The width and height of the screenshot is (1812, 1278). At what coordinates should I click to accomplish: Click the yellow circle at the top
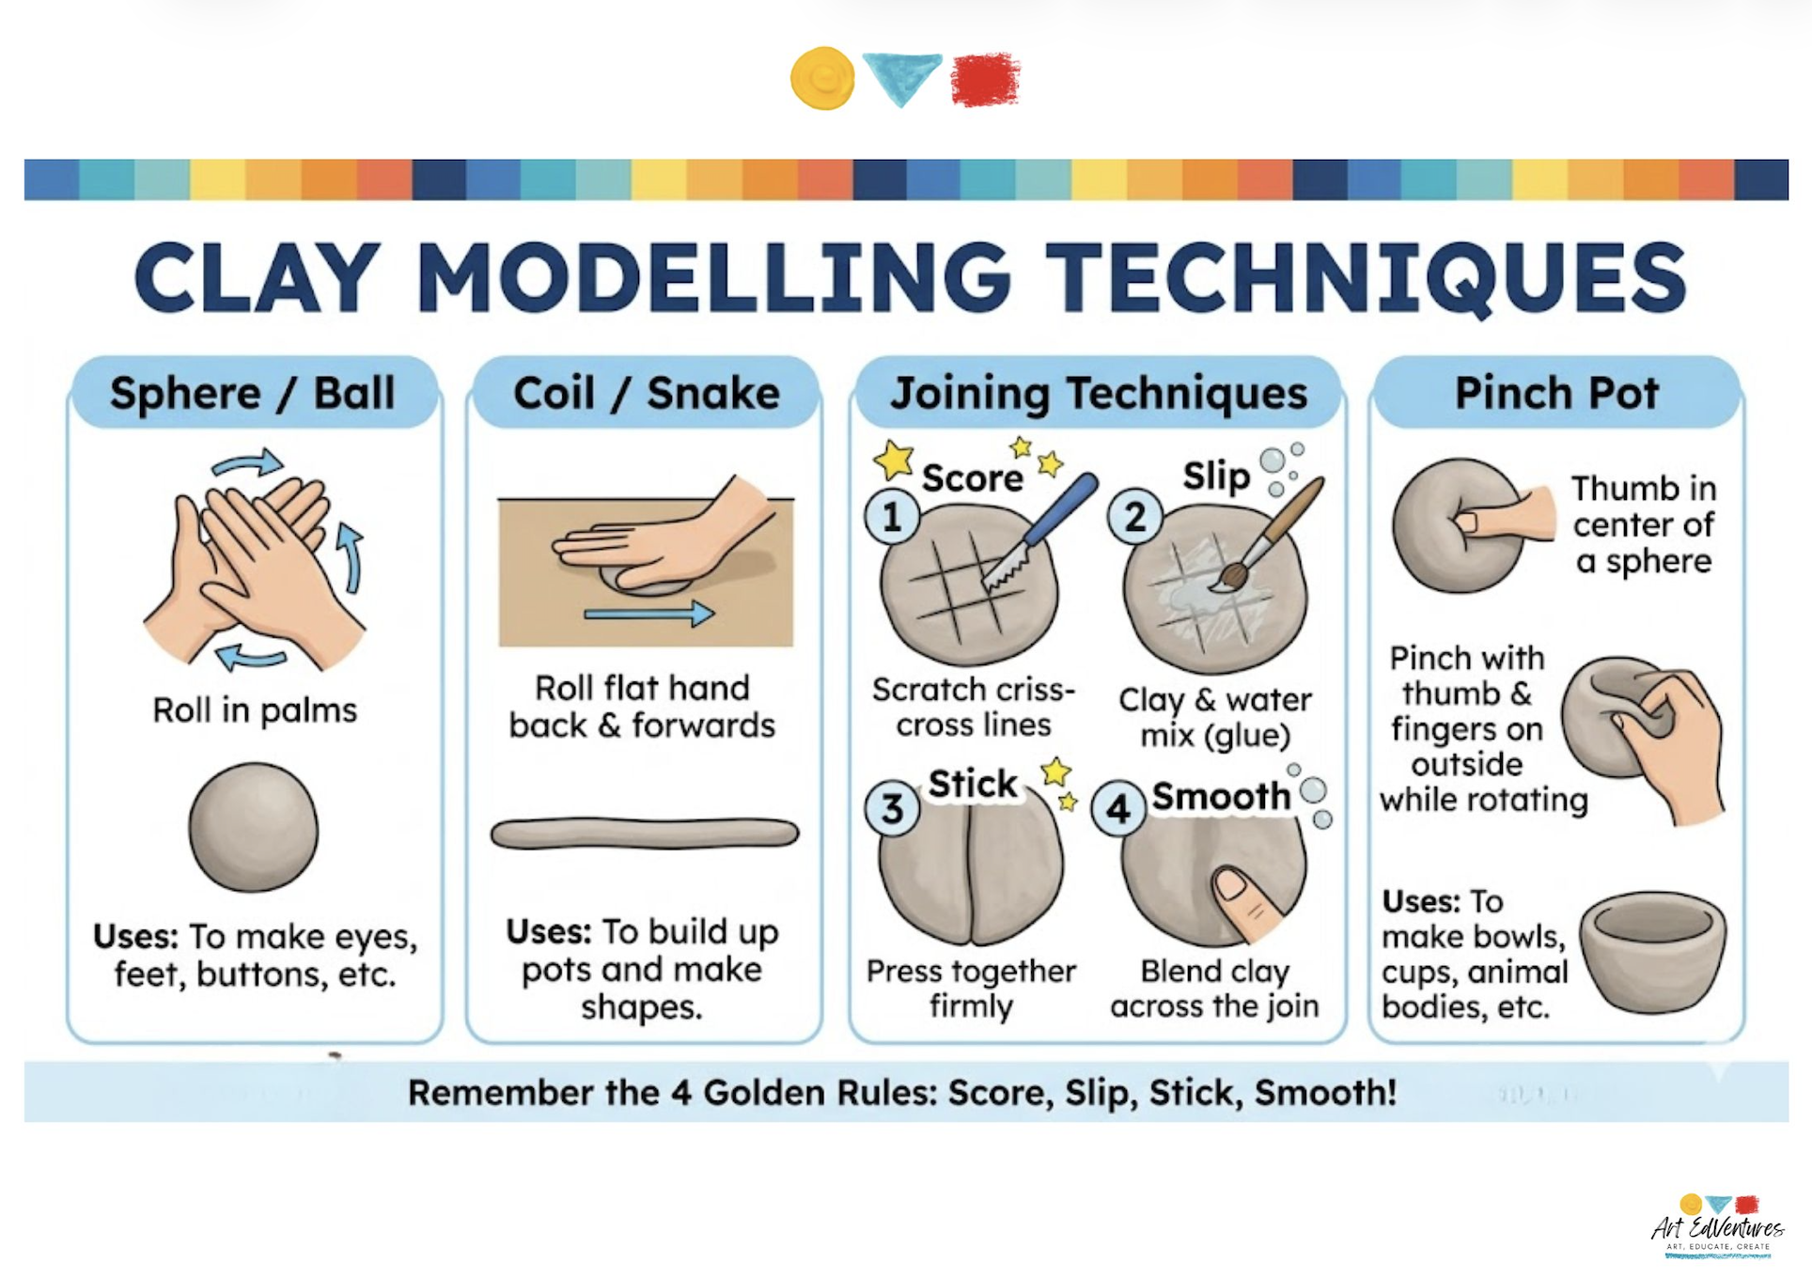(x=822, y=78)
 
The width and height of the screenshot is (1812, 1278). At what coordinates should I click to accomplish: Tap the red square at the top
(x=985, y=79)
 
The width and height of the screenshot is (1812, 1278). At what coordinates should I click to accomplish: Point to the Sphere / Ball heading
(x=252, y=393)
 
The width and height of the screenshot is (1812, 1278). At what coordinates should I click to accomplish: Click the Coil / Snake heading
(x=646, y=393)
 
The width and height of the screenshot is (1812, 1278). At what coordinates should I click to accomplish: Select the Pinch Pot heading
(x=1556, y=393)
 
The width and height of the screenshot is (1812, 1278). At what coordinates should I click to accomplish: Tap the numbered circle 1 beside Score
(x=892, y=517)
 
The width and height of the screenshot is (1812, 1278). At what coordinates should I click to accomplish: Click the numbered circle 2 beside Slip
(x=1135, y=517)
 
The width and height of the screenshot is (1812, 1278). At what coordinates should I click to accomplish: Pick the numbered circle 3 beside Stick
(x=892, y=808)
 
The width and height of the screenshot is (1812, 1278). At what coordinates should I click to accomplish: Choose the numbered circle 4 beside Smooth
(x=1118, y=808)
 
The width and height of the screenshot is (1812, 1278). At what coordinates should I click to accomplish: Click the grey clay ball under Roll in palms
(x=253, y=827)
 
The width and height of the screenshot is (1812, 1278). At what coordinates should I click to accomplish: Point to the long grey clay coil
(x=645, y=834)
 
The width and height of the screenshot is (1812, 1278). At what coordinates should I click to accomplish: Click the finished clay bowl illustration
(x=1652, y=951)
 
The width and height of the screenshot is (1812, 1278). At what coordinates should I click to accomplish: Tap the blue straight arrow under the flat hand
(x=648, y=615)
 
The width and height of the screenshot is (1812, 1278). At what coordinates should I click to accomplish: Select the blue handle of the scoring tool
(x=1060, y=510)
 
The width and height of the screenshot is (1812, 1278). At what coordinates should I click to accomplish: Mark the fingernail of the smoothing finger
(x=1231, y=882)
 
